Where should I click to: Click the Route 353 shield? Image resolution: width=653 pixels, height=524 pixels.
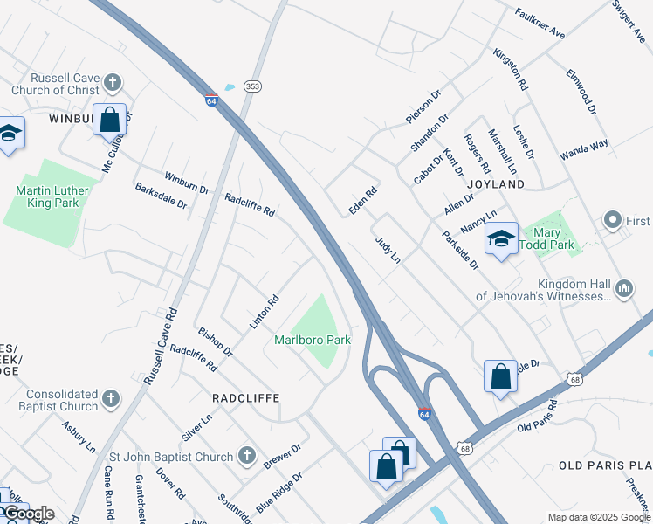point(252,86)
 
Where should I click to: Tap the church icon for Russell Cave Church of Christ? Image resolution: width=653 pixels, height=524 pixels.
point(112,83)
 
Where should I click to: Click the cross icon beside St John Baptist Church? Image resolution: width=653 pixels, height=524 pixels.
point(247,456)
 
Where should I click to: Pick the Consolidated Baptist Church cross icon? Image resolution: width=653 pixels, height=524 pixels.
point(110,399)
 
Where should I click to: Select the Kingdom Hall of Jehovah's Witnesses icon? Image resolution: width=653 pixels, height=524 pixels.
point(624,288)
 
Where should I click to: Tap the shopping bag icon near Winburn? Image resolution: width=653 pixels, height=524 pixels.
point(110,120)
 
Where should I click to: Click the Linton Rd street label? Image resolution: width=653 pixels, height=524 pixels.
point(265,312)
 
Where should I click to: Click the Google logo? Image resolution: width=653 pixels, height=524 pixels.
point(29,514)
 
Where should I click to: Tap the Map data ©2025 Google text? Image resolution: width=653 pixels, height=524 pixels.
point(598,517)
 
